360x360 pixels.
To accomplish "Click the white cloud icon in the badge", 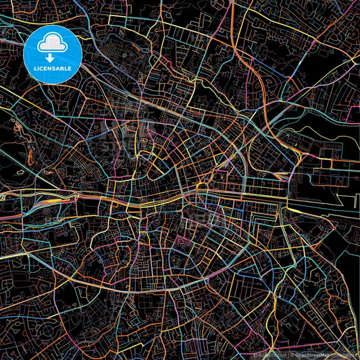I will click(52, 43).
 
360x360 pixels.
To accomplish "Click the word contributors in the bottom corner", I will click(343, 354).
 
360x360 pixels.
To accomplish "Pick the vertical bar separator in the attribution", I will click(288, 354).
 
